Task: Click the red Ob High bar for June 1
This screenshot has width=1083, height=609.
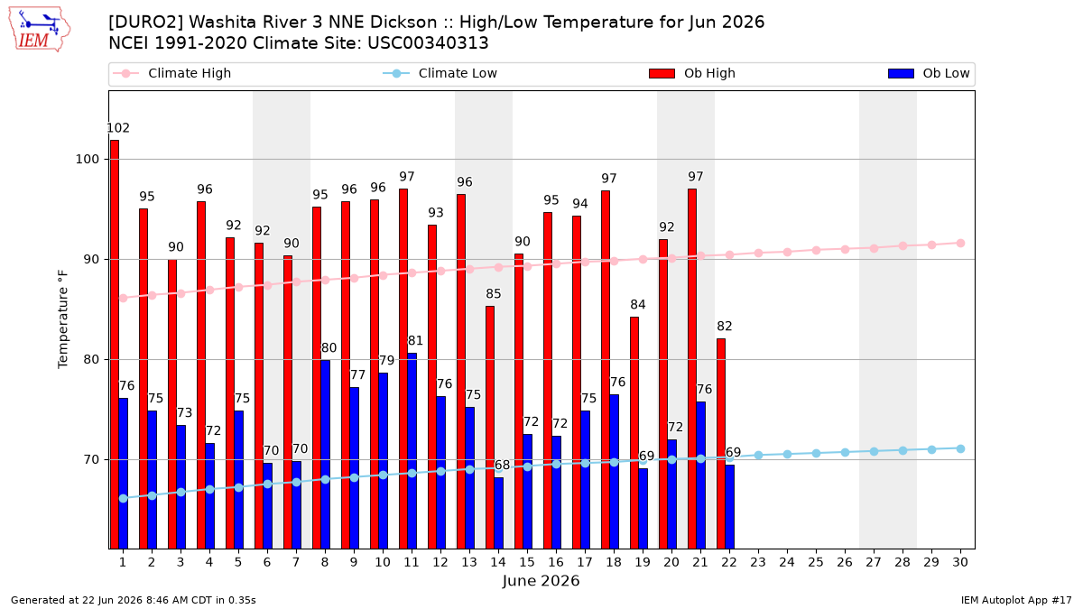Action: point(115,344)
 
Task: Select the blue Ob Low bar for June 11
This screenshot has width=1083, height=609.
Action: point(412,450)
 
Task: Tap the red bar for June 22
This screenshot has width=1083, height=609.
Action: point(721,443)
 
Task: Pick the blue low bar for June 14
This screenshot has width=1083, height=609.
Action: point(498,512)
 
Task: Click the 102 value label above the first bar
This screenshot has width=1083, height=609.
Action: point(118,128)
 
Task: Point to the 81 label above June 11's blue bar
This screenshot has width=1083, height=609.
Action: point(415,341)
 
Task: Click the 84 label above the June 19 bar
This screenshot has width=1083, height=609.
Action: point(638,305)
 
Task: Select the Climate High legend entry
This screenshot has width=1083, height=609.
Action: point(172,73)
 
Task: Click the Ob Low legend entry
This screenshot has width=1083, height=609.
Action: point(929,73)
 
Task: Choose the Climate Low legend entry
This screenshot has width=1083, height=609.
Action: point(440,73)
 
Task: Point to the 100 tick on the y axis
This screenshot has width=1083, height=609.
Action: point(87,159)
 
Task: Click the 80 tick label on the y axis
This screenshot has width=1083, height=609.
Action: point(91,360)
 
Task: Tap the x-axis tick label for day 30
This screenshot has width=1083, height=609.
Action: point(960,562)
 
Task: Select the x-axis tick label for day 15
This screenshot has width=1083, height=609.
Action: point(527,562)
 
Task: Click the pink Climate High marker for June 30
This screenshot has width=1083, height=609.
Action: point(960,243)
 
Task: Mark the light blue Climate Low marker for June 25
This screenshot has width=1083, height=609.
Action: point(816,453)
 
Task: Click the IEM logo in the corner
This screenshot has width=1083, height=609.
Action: point(39,29)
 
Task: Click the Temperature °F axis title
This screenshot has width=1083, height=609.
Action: point(63,319)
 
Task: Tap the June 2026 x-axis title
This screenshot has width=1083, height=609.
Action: point(541,581)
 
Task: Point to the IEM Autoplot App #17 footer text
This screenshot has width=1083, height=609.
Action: point(1016,600)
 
